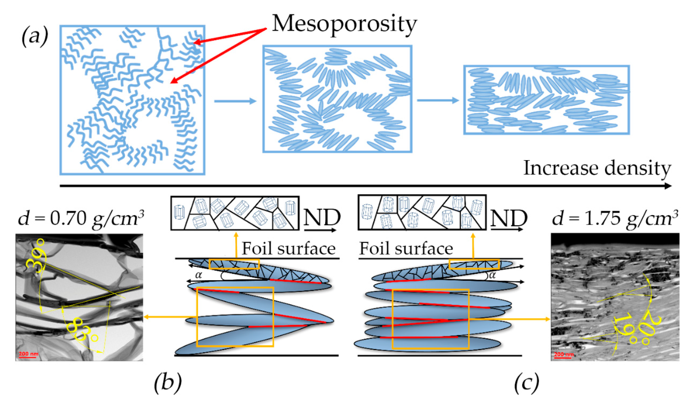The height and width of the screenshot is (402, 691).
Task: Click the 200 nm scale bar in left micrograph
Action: (x=28, y=354)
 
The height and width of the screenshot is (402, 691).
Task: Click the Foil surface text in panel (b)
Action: (x=289, y=249)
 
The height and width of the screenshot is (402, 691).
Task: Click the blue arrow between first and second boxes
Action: (x=235, y=101)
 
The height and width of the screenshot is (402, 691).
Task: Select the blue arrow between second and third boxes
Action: (x=438, y=100)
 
